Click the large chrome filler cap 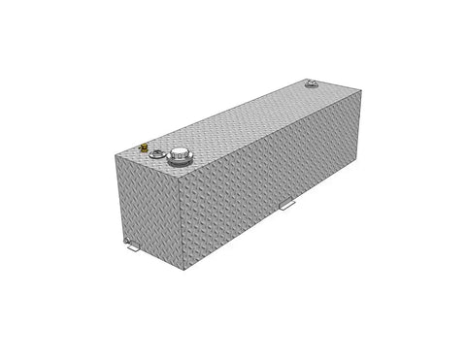point(180,155)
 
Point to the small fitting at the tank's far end point(311,85)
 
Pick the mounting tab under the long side point(287,206)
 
